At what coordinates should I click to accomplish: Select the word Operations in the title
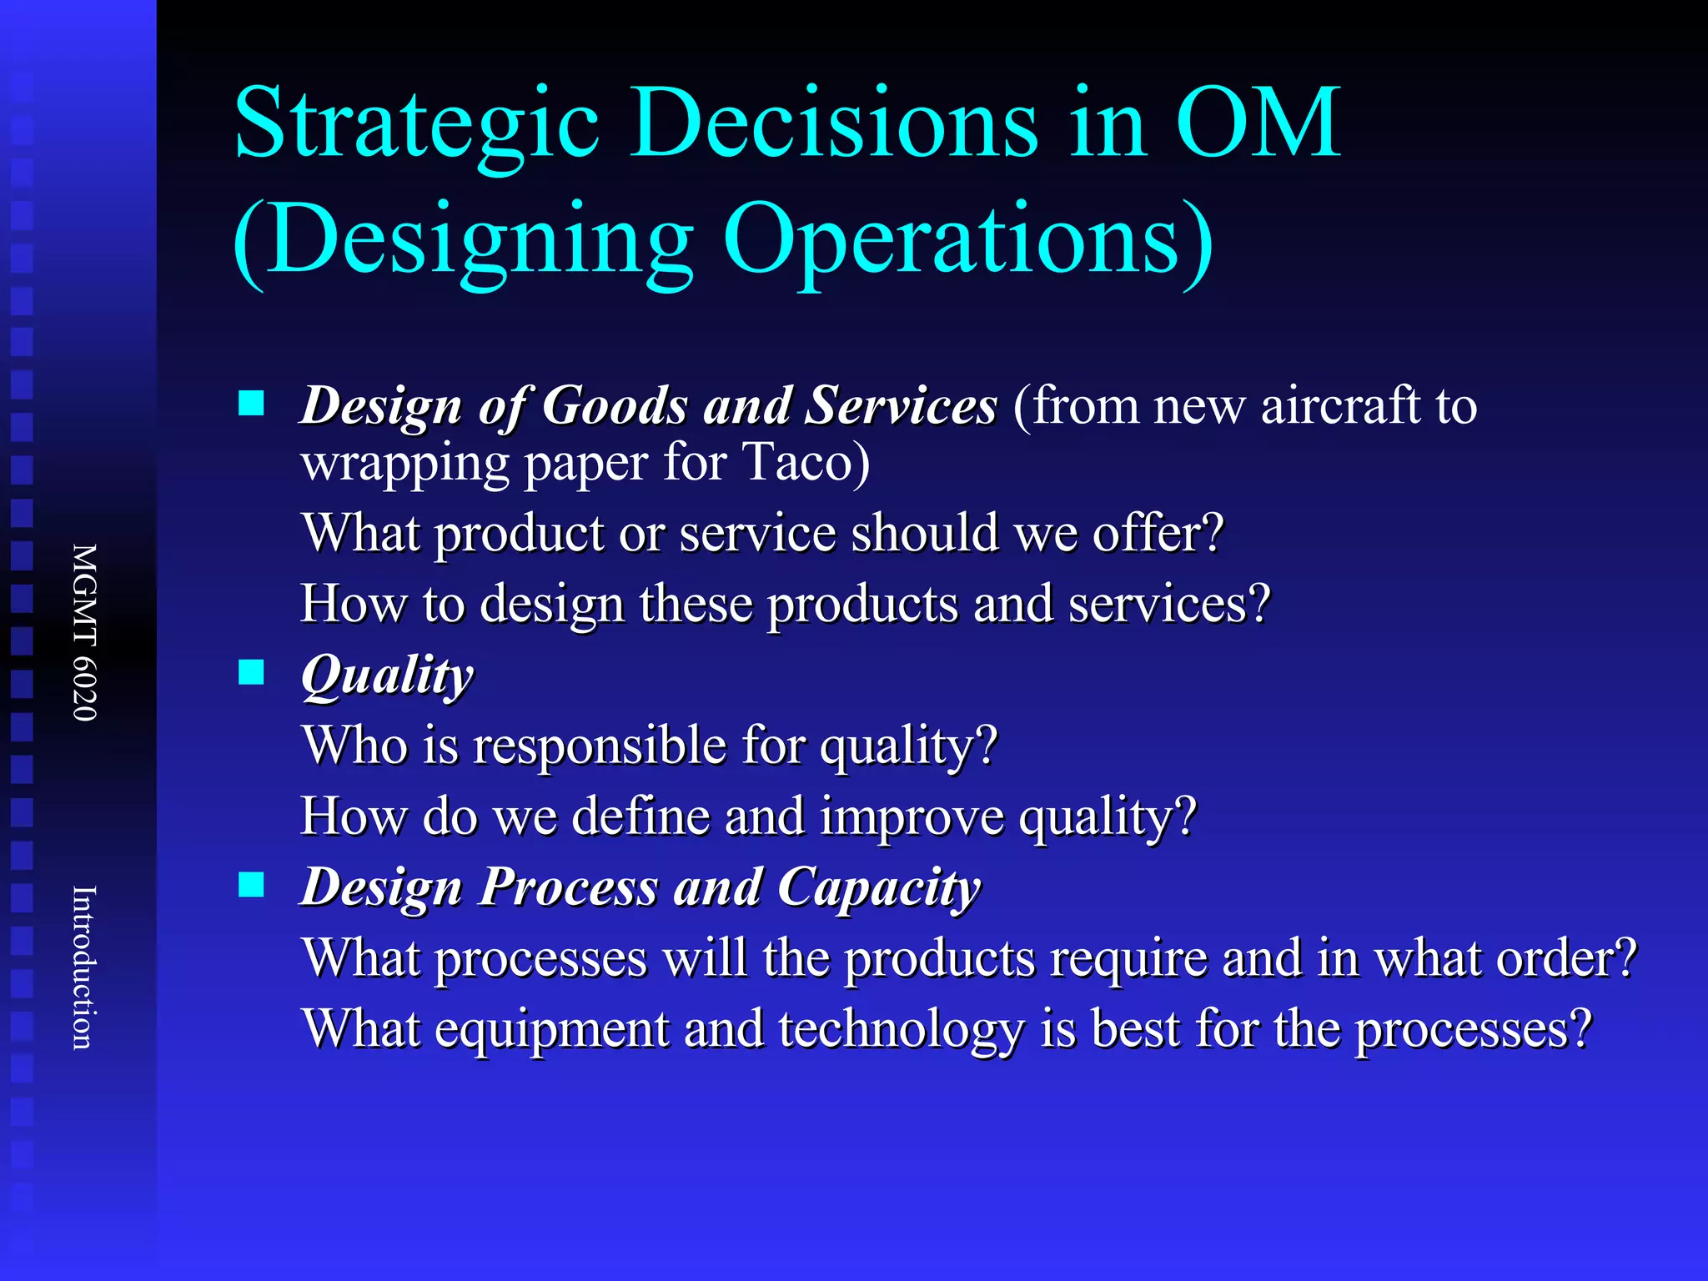click(x=967, y=240)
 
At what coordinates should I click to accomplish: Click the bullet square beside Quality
click(x=251, y=671)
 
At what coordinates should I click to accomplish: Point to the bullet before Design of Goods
click(x=251, y=404)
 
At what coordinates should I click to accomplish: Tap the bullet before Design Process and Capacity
click(x=251, y=884)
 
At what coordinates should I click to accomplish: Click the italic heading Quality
click(x=387, y=676)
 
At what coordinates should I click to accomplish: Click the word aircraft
click(x=1340, y=405)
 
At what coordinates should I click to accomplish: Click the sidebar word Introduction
click(x=85, y=967)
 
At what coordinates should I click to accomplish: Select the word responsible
click(x=600, y=745)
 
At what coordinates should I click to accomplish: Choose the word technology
click(x=902, y=1029)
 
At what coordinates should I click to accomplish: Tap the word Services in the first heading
click(x=902, y=406)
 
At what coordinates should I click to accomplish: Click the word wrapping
click(x=404, y=463)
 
